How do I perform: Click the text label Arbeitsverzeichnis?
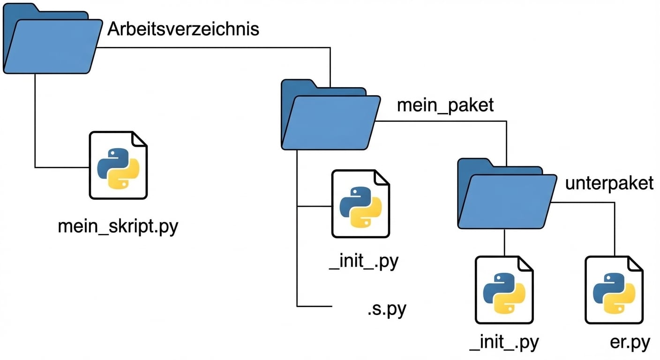tap(183, 29)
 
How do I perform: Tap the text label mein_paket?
tap(445, 105)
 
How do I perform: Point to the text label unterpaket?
tap(609, 183)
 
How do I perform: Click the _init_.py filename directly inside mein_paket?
tap(363, 262)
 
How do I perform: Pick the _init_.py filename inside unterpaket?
tap(504, 343)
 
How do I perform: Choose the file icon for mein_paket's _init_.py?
tap(360, 203)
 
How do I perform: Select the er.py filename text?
tap(630, 343)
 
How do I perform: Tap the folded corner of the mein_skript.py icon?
tap(139, 139)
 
